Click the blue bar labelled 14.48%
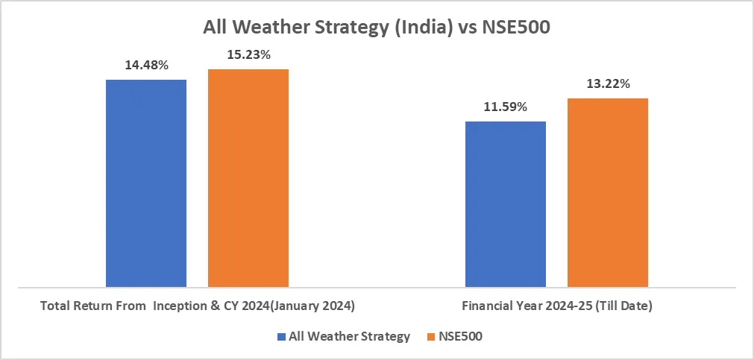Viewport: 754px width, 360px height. coord(146,183)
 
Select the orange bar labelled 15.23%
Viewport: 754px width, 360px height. coord(248,177)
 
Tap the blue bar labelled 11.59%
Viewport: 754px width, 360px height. coord(506,203)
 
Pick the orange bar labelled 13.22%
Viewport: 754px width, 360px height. coord(608,192)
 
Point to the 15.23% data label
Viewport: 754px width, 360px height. coord(248,54)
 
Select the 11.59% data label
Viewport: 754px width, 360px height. coord(506,107)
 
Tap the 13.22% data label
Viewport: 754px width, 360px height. coord(608,83)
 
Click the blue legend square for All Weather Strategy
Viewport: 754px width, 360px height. coord(281,337)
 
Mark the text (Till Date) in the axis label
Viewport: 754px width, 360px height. coord(622,306)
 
